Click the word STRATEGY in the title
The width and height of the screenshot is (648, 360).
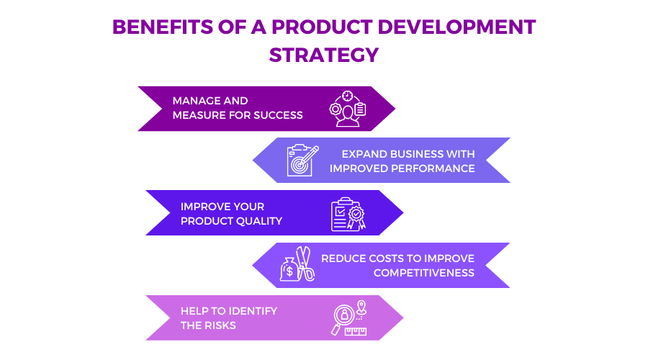(x=323, y=55)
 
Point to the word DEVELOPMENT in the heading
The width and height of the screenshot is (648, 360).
(x=456, y=27)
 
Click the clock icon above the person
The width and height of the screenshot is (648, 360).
(x=348, y=96)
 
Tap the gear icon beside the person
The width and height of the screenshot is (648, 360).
(x=335, y=109)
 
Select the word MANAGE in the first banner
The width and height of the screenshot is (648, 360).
(x=194, y=101)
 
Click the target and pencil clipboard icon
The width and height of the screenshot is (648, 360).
(x=302, y=161)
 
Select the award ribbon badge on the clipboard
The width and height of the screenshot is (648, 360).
(x=356, y=217)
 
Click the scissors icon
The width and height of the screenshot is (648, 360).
(x=305, y=264)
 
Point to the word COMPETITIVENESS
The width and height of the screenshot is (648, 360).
(x=424, y=273)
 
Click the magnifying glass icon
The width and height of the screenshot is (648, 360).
(x=342, y=319)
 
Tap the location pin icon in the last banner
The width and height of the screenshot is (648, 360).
(x=361, y=307)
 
